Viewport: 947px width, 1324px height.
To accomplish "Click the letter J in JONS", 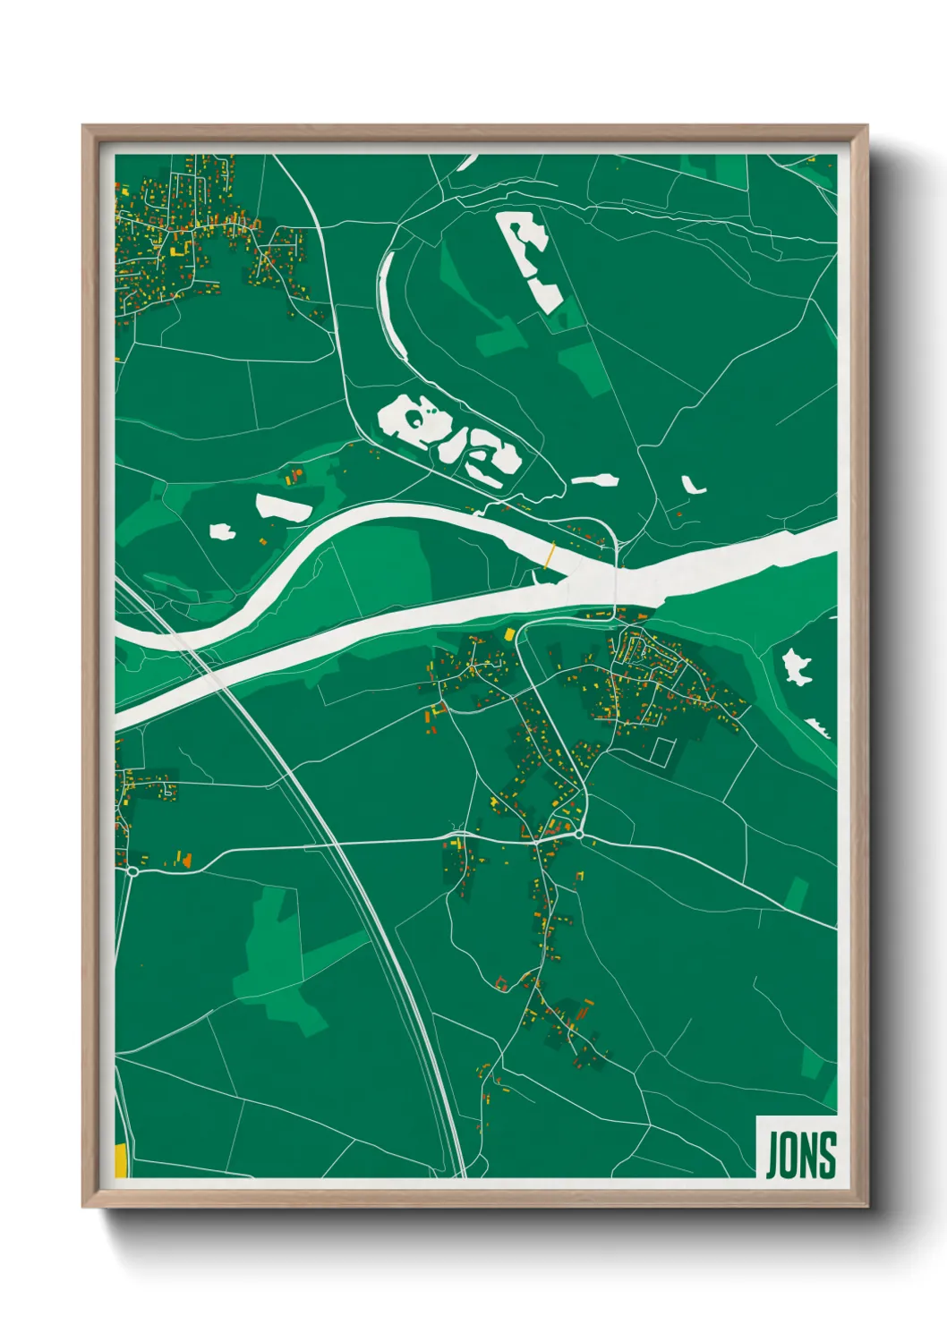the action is click(x=772, y=1155).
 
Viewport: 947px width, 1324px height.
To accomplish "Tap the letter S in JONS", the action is click(x=827, y=1155).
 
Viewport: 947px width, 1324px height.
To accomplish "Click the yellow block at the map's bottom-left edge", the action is click(x=120, y=1160).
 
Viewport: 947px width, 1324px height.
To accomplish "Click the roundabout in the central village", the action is click(x=579, y=835).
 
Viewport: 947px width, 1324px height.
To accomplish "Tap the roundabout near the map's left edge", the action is click(x=132, y=870).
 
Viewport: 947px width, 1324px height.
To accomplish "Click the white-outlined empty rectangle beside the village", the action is click(x=661, y=751).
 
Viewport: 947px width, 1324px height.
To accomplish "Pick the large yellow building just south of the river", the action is click(x=509, y=634).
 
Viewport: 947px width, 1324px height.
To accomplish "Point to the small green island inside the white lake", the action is click(x=414, y=417).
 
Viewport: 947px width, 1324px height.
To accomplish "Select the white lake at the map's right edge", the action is click(x=796, y=666).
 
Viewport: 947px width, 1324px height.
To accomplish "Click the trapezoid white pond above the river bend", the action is click(x=282, y=508).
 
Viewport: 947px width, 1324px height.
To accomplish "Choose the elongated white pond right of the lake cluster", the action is click(x=595, y=480).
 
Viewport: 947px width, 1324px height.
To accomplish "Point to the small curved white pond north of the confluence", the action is click(x=692, y=486).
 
